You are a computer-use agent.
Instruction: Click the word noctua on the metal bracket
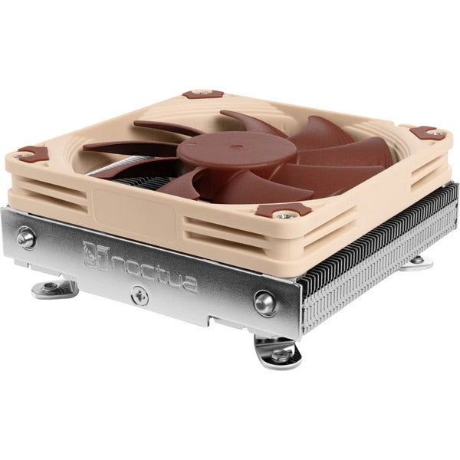click(153, 271)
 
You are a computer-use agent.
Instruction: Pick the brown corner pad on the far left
click(32, 153)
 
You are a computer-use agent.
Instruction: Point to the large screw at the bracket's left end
click(27, 237)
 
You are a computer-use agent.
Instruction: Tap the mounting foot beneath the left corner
click(54, 289)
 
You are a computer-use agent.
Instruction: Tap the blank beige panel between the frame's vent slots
click(138, 211)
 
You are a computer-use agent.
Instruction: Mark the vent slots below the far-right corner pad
click(429, 165)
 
